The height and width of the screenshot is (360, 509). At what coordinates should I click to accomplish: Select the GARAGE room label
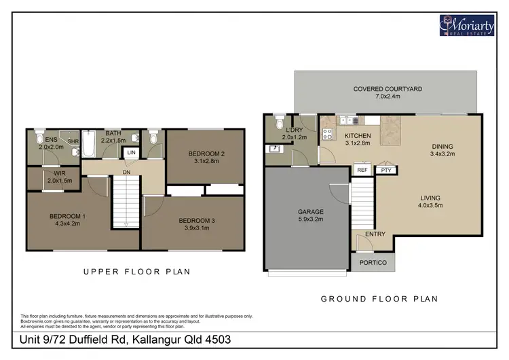(310, 212)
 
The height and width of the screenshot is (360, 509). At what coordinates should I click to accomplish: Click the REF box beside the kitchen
(362, 170)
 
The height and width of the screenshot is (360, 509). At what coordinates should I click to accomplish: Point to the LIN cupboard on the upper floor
(130, 153)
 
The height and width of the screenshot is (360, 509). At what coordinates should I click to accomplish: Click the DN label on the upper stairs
(126, 172)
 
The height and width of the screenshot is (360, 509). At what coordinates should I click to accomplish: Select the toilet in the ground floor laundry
(278, 123)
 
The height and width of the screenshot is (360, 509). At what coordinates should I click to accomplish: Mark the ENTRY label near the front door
(375, 234)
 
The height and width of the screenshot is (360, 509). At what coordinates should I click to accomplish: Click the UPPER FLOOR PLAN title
(136, 272)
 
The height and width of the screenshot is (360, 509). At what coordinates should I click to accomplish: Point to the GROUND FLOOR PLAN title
(379, 298)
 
